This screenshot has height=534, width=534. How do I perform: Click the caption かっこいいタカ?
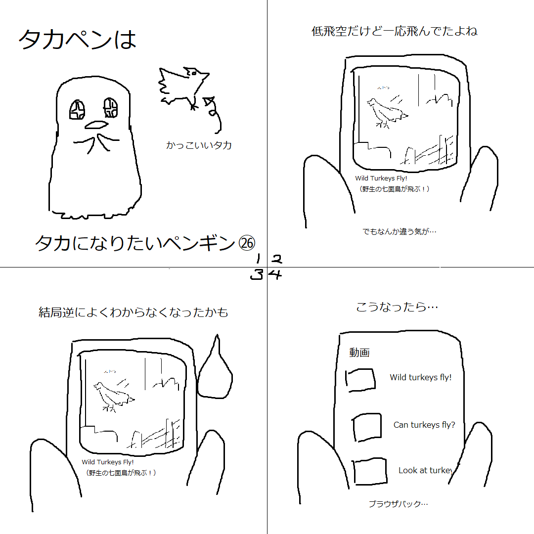pyautogui.click(x=199, y=145)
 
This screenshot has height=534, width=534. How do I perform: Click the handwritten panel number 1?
pyautogui.click(x=258, y=259)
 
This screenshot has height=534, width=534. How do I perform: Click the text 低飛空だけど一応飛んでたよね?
pyautogui.click(x=394, y=32)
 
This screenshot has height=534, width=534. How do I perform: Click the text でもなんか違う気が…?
pyautogui.click(x=400, y=231)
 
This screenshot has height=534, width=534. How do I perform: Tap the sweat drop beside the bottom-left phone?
pyautogui.click(x=215, y=373)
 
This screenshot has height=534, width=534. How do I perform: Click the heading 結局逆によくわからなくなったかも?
pyautogui.click(x=133, y=312)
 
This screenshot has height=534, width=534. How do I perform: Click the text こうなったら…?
pyautogui.click(x=397, y=307)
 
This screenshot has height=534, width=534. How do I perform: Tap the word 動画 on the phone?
pyautogui.click(x=359, y=353)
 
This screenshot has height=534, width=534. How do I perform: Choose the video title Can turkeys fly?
pyautogui.click(x=424, y=425)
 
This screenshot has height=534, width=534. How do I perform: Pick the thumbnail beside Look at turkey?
pyautogui.click(x=370, y=472)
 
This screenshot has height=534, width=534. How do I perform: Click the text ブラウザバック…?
pyautogui.click(x=398, y=504)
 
